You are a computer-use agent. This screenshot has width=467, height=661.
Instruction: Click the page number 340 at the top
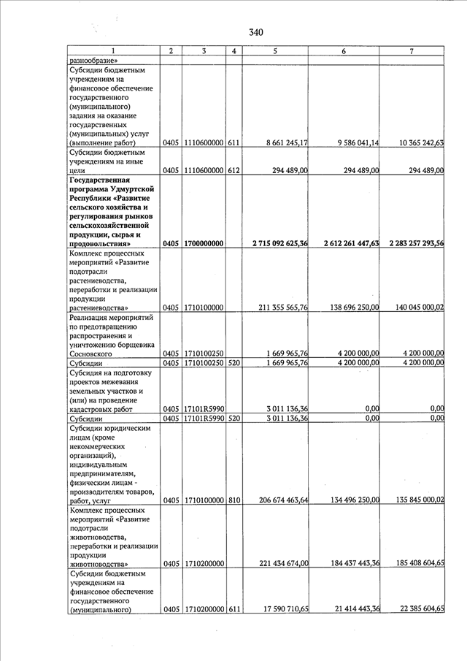[255, 32]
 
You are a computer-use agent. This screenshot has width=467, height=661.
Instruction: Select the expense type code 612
[233, 171]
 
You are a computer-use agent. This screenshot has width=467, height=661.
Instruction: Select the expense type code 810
[233, 500]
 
